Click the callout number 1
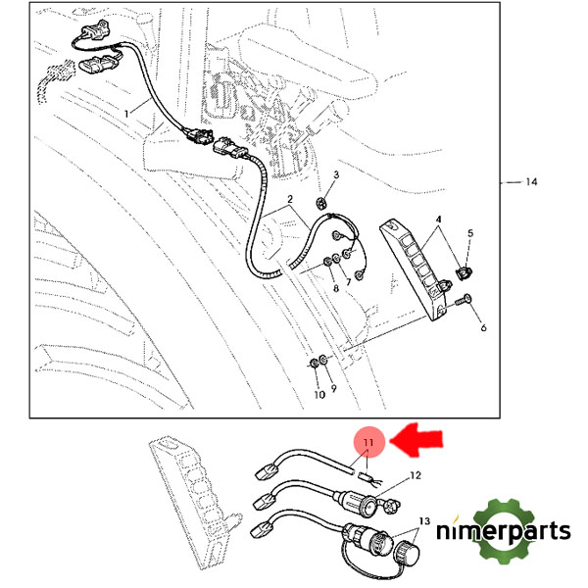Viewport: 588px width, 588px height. [125, 115]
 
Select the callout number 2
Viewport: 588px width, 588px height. [290, 201]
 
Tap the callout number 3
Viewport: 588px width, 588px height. [335, 174]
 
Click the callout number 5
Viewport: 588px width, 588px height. [469, 233]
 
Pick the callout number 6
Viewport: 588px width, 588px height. [482, 328]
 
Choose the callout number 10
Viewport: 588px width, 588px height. [318, 394]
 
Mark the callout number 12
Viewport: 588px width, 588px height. [415, 475]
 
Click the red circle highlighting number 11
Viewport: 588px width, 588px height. [368, 444]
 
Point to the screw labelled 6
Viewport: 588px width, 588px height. [464, 304]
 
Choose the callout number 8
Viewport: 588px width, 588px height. [335, 289]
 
